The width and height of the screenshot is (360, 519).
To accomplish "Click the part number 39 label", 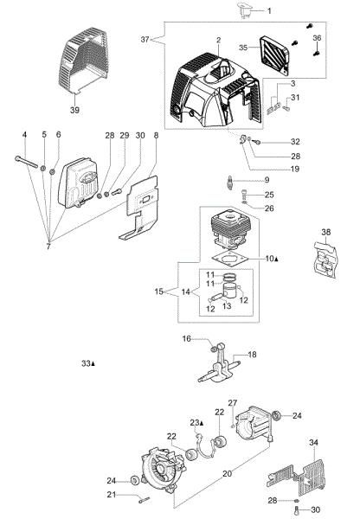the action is tap(74, 110).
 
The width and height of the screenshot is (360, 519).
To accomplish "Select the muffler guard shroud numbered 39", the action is tap(83, 60).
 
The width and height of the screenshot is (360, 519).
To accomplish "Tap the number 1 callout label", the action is tap(269, 11).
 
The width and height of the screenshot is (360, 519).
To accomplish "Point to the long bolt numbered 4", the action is tap(26, 162).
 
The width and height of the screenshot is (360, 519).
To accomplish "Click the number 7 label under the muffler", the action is tap(48, 246).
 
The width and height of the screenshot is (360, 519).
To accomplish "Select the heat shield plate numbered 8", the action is tap(138, 208).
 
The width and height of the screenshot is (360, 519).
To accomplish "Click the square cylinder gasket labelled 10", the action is tap(230, 259).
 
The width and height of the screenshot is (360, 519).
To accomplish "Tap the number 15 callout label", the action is tap(159, 292).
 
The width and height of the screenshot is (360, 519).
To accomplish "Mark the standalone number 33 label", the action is tap(87, 363).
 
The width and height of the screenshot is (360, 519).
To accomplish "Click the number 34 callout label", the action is tap(313, 442).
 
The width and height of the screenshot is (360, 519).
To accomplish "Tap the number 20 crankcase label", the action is tap(228, 474).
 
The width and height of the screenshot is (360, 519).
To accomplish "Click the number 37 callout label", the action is tap(145, 40).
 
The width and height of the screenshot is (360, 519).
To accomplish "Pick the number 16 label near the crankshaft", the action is tap(187, 338).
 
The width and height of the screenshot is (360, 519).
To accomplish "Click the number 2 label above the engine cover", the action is tap(219, 40).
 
